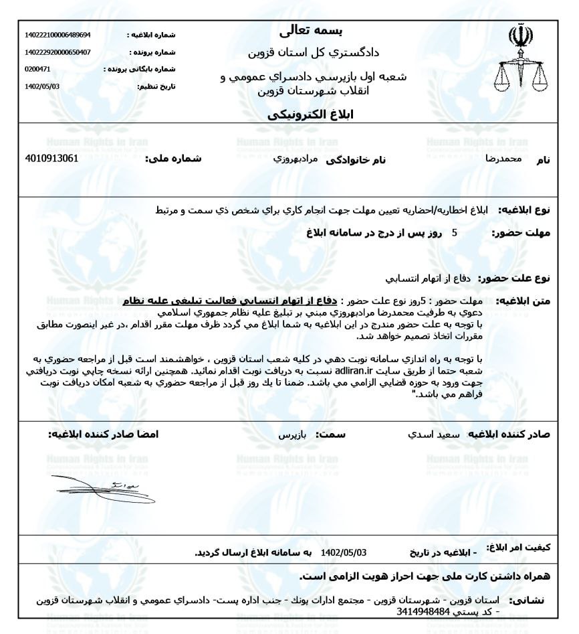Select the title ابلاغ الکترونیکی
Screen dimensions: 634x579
[314, 114]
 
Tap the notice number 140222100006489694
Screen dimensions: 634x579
[53, 35]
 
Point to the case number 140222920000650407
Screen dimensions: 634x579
[53, 52]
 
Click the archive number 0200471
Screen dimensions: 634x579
[37, 69]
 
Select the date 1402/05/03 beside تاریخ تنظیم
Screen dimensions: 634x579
[41, 86]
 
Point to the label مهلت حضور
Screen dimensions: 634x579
[521, 233]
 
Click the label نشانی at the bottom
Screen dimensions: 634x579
[529, 601]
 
